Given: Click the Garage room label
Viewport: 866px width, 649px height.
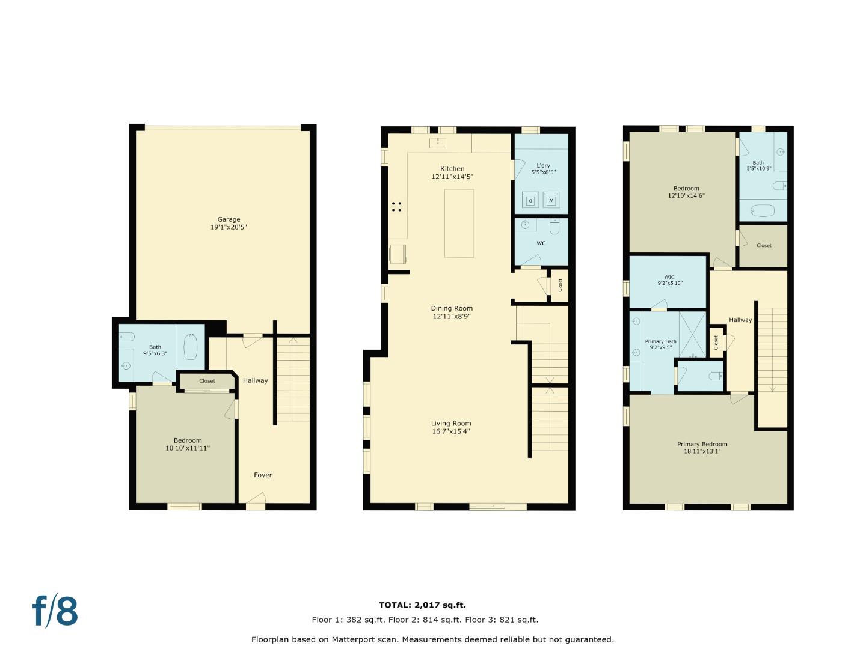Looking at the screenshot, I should (229, 220).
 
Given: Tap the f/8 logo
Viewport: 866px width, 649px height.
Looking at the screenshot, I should (55, 611).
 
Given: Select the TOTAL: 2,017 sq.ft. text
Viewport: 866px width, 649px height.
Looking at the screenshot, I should (422, 605).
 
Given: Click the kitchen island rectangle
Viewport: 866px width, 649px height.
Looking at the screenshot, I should (459, 223).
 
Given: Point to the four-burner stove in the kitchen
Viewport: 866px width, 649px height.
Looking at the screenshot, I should (396, 206).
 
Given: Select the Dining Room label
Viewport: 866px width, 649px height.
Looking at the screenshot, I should (452, 309).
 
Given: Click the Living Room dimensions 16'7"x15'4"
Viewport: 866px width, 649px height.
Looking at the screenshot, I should (450, 431).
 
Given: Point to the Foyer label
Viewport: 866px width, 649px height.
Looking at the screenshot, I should (263, 475).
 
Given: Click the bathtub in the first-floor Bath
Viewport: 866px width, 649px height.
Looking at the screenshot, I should (190, 347).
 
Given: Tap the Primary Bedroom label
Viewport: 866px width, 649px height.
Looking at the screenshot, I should (702, 445).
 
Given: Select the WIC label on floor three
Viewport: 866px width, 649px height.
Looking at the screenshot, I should (669, 277).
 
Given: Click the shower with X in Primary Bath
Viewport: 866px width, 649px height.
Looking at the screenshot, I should (692, 334).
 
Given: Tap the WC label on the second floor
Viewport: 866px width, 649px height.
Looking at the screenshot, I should (541, 243).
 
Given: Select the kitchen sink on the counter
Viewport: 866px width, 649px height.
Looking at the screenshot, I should (437, 142).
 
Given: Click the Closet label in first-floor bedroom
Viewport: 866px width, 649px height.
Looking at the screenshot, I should (207, 381).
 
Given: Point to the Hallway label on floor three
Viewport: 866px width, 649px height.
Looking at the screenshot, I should (740, 320).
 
